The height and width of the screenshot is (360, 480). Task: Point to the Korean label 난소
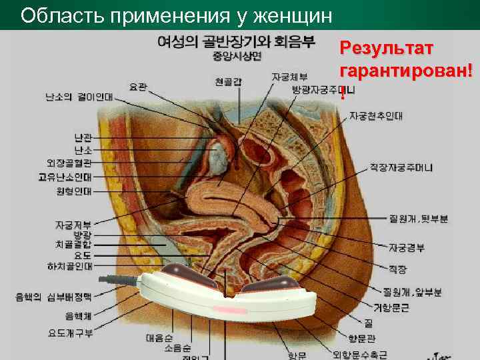coord(83,151)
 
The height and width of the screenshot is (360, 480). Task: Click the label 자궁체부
coord(289,77)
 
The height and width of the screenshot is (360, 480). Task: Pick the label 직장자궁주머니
coord(401,167)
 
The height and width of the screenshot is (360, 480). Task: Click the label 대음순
coord(159,338)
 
